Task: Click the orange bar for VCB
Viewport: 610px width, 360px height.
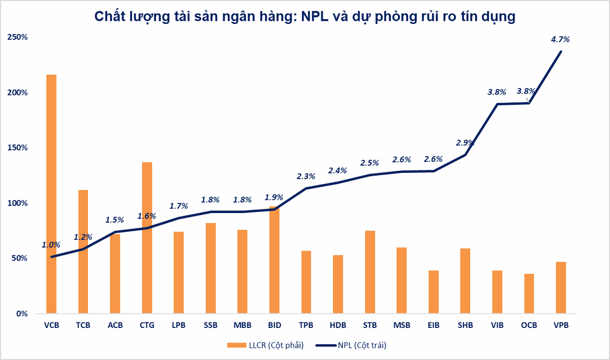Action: pyautogui.click(x=51, y=194)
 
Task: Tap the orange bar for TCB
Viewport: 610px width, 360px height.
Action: pyautogui.click(x=83, y=252)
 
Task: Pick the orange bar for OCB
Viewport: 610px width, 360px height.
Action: pyautogui.click(x=529, y=293)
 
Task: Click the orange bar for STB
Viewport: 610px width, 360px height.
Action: pyautogui.click(x=370, y=272)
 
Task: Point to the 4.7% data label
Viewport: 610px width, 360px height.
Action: pyautogui.click(x=561, y=39)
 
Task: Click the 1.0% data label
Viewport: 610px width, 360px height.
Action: pyautogui.click(x=51, y=245)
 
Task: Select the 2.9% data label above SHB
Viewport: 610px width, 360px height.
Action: pyautogui.click(x=465, y=143)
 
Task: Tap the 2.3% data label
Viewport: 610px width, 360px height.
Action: pyautogui.click(x=306, y=176)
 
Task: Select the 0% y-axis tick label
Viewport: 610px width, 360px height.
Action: pyautogui.click(x=21, y=314)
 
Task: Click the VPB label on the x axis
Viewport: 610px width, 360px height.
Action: pyautogui.click(x=561, y=325)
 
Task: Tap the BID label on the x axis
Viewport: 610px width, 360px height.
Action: pyautogui.click(x=274, y=325)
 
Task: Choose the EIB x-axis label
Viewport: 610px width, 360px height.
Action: pyautogui.click(x=434, y=325)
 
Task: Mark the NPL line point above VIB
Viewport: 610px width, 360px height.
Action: pyautogui.click(x=497, y=104)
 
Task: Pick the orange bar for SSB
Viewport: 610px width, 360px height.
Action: pyautogui.click(x=210, y=268)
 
